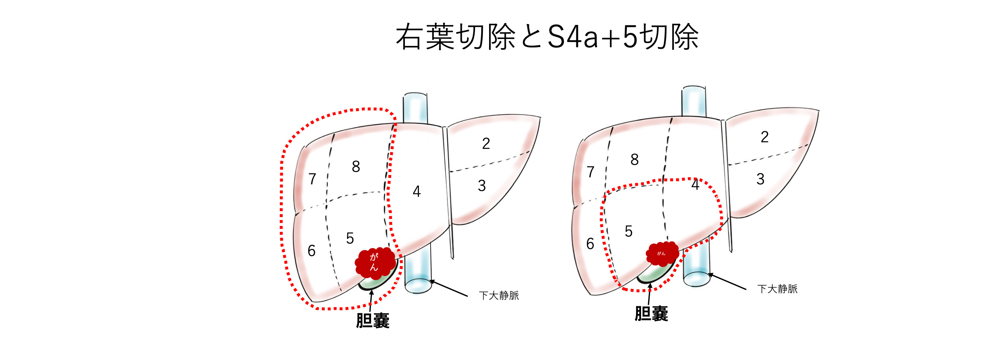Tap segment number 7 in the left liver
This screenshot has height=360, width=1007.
click(x=312, y=179)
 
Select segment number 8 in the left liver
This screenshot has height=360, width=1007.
click(x=356, y=167)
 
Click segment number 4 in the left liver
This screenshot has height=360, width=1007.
click(x=417, y=192)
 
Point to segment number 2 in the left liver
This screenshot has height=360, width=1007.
click(x=486, y=144)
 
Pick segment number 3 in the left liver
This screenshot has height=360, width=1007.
click(x=482, y=186)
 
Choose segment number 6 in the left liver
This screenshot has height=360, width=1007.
click(x=311, y=251)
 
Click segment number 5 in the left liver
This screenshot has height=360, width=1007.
click(x=350, y=238)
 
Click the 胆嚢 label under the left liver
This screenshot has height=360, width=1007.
click(x=373, y=321)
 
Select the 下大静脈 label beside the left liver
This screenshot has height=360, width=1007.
click(x=499, y=295)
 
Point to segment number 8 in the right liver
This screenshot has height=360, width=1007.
click(x=634, y=159)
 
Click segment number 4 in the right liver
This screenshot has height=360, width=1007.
click(x=695, y=185)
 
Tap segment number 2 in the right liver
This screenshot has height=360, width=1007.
click(x=765, y=137)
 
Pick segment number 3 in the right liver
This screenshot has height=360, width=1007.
click(x=760, y=179)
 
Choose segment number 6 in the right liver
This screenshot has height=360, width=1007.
click(x=590, y=244)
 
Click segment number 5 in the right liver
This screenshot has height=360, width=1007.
click(x=629, y=231)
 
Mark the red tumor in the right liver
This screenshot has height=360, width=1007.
click(x=662, y=254)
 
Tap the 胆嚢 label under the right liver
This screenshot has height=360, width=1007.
click(x=651, y=314)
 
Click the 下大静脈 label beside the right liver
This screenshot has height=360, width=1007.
click(x=777, y=289)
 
